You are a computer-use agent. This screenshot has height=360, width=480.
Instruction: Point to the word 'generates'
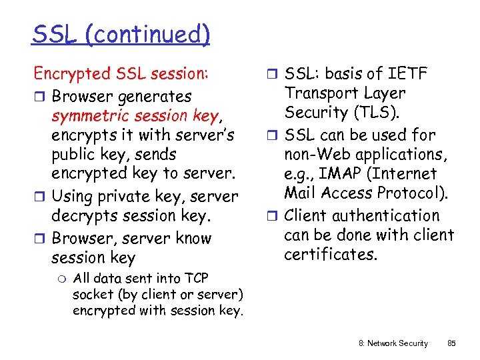click(155, 97)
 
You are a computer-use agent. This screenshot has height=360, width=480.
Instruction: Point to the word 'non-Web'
click(318, 155)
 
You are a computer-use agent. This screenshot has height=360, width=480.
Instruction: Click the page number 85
click(451, 343)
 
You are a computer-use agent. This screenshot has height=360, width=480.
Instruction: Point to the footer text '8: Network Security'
click(393, 343)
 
